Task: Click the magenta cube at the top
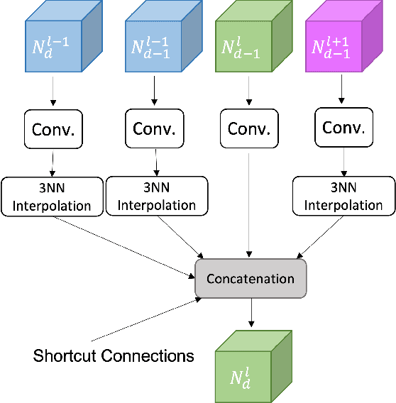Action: click(x=339, y=43)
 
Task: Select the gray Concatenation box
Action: click(x=251, y=278)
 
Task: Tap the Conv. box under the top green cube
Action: click(x=248, y=128)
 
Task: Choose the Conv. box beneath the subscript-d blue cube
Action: click(x=53, y=130)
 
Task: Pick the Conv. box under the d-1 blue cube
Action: click(x=155, y=128)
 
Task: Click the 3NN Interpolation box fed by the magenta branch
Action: click(x=344, y=197)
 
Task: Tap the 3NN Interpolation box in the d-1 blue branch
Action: click(x=156, y=197)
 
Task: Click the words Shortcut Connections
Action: click(x=114, y=355)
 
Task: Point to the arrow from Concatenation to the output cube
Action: click(x=251, y=313)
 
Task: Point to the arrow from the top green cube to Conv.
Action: click(x=248, y=92)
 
